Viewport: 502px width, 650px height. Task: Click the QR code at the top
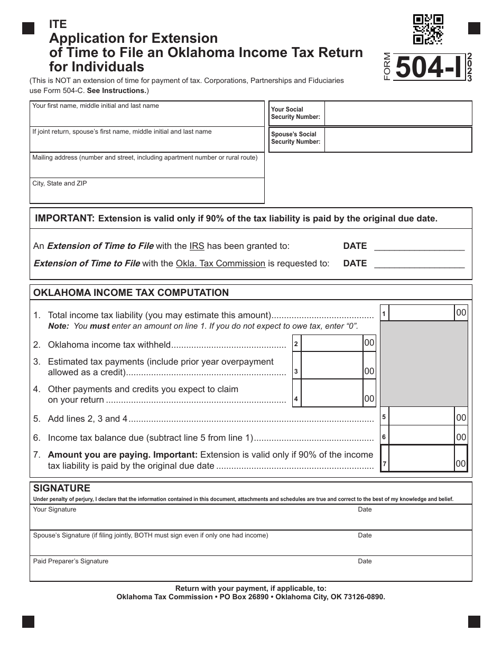[428, 29]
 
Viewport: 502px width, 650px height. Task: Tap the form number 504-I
[428, 68]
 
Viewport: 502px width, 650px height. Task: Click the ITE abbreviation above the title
[58, 25]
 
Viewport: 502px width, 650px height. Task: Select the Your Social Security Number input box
[397, 114]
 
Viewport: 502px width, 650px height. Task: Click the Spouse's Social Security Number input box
[397, 139]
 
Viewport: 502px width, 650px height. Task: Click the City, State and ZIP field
[147, 191]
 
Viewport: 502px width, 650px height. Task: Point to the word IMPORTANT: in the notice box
[64, 218]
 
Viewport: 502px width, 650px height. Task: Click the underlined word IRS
[197, 246]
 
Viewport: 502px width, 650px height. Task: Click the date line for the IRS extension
[419, 246]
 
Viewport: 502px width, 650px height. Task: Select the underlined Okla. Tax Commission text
[220, 263]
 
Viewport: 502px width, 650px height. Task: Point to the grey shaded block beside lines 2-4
[424, 364]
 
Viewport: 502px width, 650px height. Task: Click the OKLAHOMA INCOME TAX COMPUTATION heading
[131, 293]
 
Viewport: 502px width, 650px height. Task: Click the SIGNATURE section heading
[62, 488]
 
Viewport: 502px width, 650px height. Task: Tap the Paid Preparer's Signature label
[71, 561]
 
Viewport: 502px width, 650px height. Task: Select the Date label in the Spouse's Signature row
[365, 535]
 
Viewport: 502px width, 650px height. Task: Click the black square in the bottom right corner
[474, 621]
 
